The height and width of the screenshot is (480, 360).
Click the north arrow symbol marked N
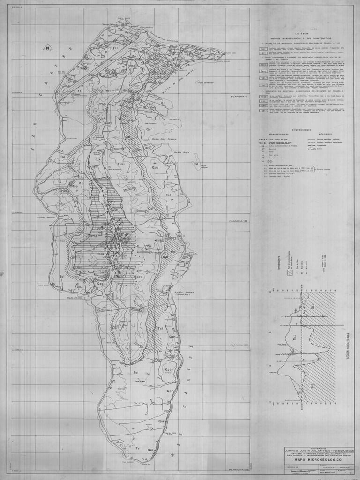[x=48, y=48]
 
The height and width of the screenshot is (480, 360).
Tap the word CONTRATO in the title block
[x=319, y=448]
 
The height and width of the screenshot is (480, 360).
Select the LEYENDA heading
[x=302, y=34]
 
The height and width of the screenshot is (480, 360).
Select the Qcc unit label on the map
[x=100, y=284]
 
